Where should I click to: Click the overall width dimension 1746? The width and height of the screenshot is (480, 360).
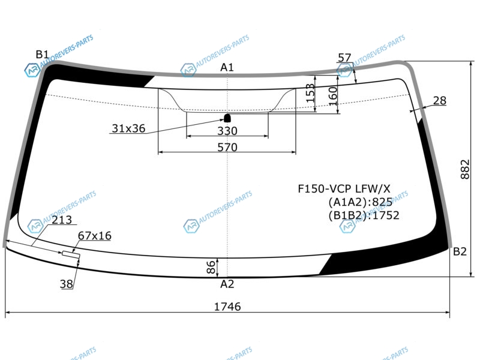(227, 307)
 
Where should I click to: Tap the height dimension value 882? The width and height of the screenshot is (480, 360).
(464, 169)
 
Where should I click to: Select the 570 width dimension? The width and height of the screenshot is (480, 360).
(227, 148)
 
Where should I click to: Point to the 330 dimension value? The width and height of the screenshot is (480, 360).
(227, 131)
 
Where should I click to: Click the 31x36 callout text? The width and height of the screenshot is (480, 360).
(128, 128)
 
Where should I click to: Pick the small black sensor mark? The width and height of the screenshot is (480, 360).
(227, 118)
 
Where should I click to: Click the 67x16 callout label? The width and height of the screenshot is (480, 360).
(95, 236)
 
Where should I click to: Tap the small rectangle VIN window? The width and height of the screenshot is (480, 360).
(71, 254)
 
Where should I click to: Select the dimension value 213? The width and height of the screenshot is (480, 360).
(62, 220)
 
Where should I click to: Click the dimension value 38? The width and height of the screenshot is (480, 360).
(67, 284)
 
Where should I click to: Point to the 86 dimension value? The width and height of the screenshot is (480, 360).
(211, 267)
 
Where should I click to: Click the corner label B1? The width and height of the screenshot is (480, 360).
(42, 55)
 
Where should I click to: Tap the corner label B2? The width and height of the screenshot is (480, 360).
(460, 251)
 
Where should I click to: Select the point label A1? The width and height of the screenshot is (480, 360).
(227, 67)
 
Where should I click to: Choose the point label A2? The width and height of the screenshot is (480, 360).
(227, 284)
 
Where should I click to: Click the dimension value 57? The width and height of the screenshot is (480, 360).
(344, 58)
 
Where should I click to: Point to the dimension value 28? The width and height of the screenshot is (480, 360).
(440, 100)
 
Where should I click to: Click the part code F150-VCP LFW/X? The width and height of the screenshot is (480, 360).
(344, 188)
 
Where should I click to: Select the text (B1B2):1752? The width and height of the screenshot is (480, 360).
(364, 215)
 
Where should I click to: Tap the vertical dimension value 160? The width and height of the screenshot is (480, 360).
(333, 96)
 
